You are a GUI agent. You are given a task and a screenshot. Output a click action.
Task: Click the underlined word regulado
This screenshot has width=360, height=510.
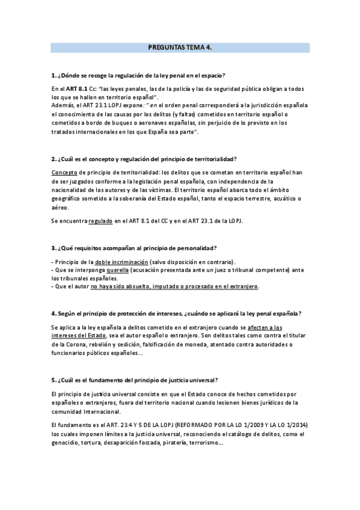100,221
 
